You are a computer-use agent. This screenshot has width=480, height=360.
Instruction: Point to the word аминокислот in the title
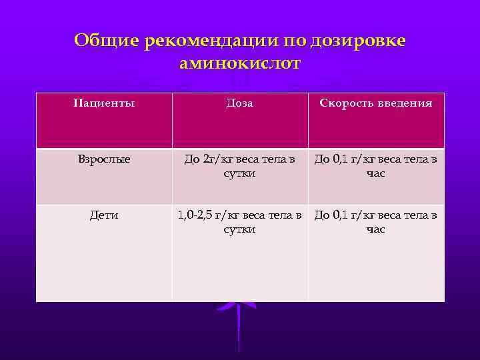[240, 63]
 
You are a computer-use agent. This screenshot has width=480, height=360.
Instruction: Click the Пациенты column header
[103, 103]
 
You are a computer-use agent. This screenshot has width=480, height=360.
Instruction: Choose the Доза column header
[240, 103]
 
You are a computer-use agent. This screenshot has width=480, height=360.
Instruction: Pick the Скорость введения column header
[376, 103]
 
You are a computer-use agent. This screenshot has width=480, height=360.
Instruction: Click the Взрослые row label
[104, 159]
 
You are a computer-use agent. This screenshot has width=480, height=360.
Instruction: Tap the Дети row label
[104, 215]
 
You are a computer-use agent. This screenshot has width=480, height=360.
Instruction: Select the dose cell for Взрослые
[240, 166]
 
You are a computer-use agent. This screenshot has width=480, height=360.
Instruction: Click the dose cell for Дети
[240, 221]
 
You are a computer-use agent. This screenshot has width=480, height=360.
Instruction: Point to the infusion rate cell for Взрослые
[376, 166]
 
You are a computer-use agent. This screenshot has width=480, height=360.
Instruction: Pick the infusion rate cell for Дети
[376, 221]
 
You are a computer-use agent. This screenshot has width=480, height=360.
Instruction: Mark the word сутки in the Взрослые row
[239, 173]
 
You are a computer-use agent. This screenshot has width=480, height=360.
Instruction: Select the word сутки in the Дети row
[239, 229]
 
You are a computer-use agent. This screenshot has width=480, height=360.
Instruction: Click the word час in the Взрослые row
[376, 173]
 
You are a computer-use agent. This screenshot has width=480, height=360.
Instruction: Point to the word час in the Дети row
[376, 229]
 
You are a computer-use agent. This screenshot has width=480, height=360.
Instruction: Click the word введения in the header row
[403, 103]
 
